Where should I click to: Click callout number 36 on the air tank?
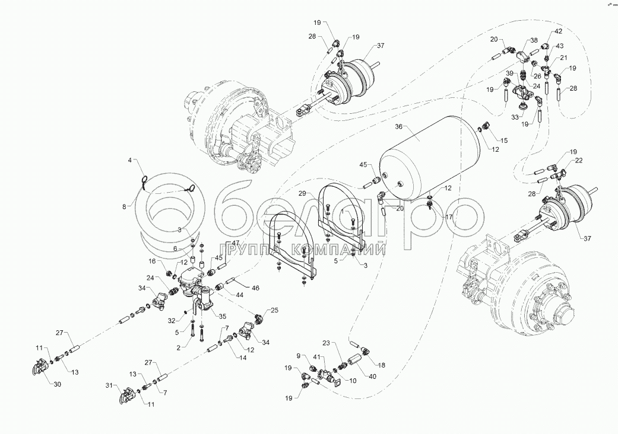(399, 126)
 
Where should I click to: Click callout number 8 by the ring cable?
(125, 207)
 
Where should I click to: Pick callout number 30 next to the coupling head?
(57, 384)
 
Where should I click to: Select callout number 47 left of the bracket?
(235, 244)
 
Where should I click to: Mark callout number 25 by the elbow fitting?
(274, 310)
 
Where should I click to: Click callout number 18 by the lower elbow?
(381, 365)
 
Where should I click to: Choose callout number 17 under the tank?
(449, 217)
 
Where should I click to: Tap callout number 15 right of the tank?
(504, 141)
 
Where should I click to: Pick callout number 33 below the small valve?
(514, 117)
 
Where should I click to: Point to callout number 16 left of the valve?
(152, 260)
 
